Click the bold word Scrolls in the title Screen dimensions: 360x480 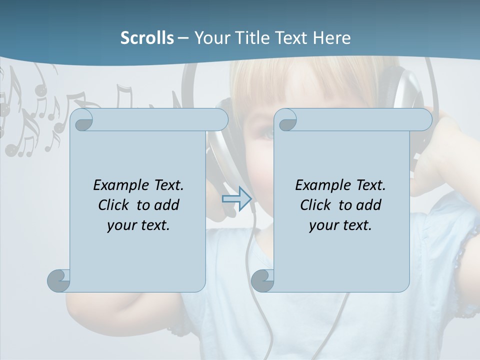coord(147,38)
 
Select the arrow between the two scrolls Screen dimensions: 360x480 coord(236,199)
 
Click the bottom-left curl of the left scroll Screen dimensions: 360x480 coord(59,280)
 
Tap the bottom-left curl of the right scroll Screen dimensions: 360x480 coord(262,280)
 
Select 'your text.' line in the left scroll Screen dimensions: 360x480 coord(138,225)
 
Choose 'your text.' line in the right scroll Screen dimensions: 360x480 coord(340,225)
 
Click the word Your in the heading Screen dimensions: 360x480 coord(211,38)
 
